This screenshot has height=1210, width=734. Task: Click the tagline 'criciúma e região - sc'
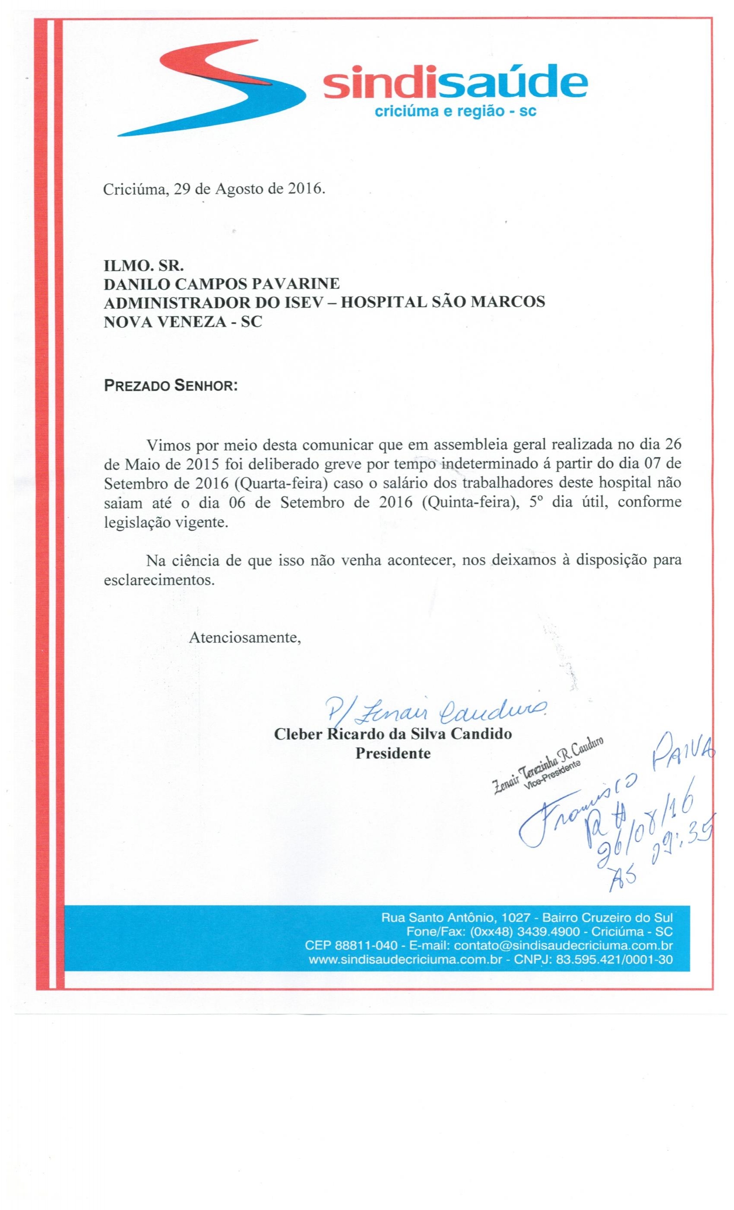pos(454,111)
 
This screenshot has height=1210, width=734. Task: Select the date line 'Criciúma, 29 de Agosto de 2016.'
pos(214,189)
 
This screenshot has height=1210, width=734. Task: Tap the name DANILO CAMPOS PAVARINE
pos(222,283)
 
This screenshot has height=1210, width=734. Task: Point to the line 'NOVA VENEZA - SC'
pos(183,322)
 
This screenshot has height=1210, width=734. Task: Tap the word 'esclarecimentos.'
pos(159,580)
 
